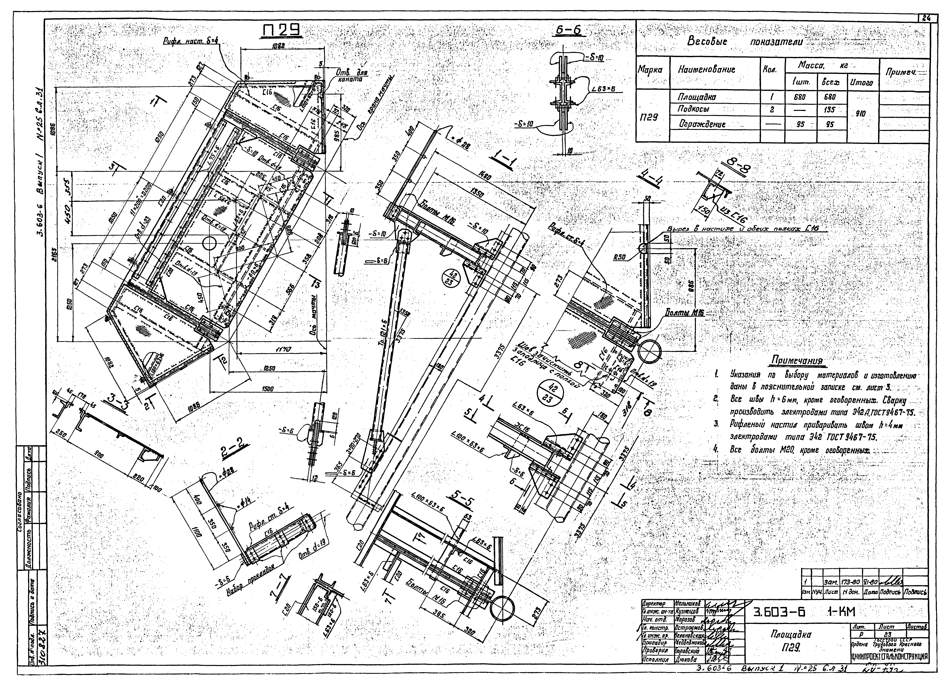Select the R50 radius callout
619,257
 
